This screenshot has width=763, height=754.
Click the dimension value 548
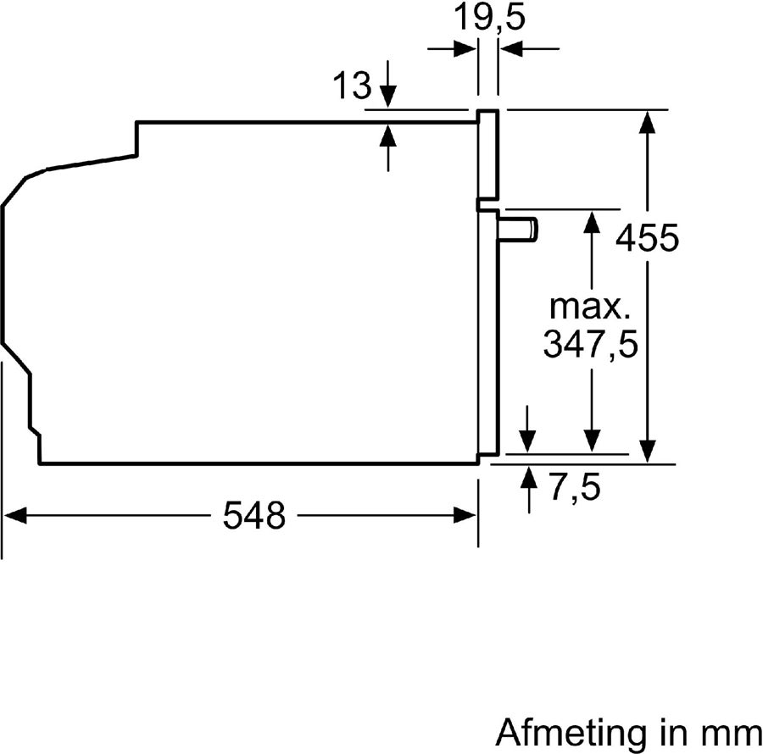[x=253, y=515]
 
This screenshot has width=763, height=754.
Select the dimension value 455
[x=647, y=238]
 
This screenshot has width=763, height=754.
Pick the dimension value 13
[x=352, y=85]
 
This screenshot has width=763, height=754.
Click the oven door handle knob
[x=520, y=230]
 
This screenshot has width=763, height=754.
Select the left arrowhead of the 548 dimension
[x=15, y=514]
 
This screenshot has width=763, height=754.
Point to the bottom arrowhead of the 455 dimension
[x=648, y=452]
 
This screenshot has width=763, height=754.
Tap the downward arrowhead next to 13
[x=388, y=97]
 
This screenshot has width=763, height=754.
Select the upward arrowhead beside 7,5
[x=528, y=476]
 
